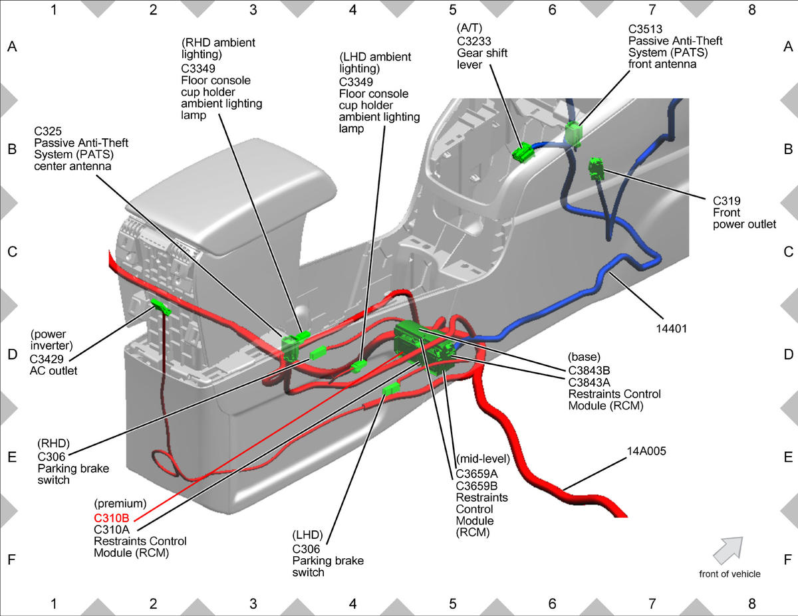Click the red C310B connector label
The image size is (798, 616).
tap(112, 518)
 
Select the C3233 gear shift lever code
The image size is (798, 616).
tap(473, 41)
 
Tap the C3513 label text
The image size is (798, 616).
tap(645, 29)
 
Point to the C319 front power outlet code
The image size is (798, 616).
tap(727, 201)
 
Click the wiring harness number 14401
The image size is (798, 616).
tap(671, 328)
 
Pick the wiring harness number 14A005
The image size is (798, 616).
tap(646, 451)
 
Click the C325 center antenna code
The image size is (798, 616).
tap(48, 131)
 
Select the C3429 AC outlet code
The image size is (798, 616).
tap(47, 359)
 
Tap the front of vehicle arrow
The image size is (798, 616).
tap(728, 551)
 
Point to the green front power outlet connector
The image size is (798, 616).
tap(596, 169)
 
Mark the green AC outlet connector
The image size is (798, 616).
tap(161, 307)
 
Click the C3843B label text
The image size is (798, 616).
tap(589, 371)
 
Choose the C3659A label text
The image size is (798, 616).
tap(477, 474)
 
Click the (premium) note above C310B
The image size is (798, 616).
tap(120, 504)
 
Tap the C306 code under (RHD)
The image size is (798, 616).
tap(51, 457)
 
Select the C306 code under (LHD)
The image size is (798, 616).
tap(307, 549)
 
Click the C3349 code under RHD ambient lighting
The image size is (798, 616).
tap(198, 68)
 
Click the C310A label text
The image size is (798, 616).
tap(112, 530)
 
